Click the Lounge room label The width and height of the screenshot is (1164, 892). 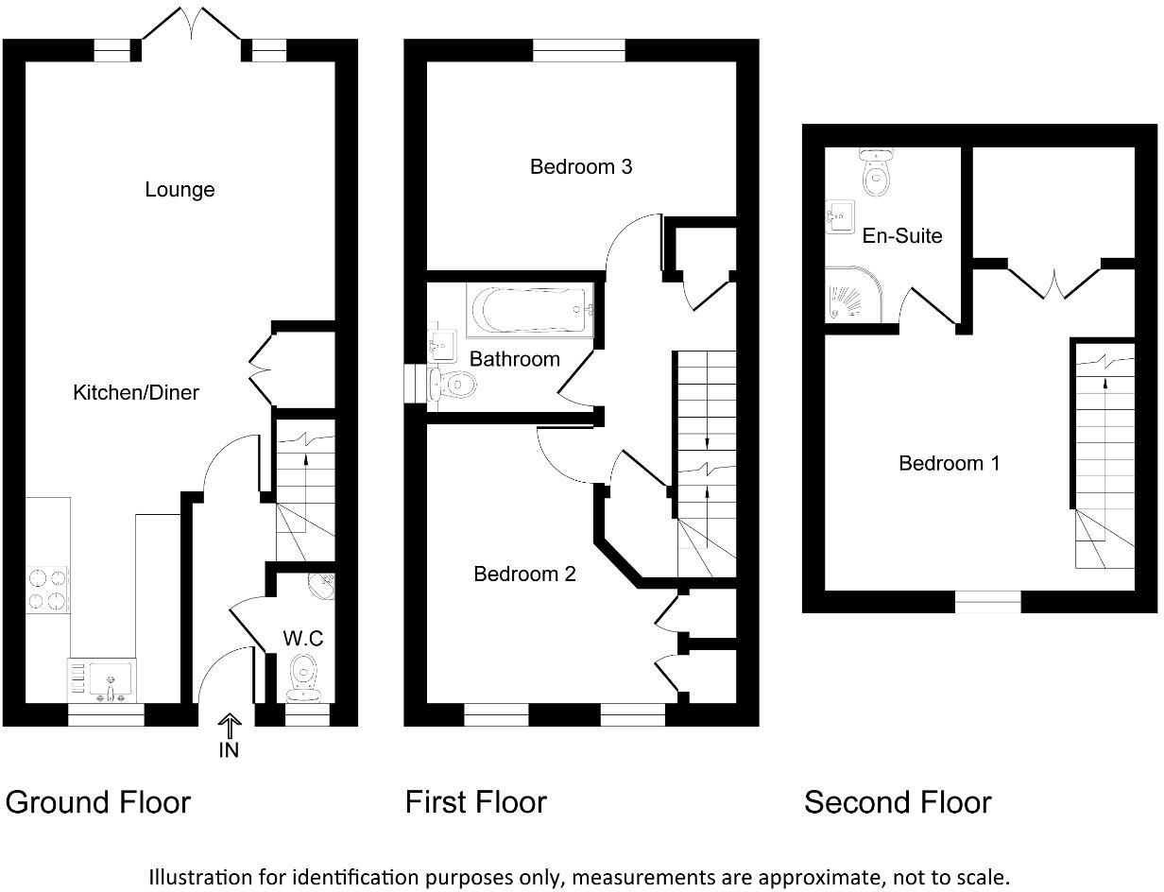click(180, 190)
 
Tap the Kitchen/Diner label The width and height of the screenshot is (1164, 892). click(136, 392)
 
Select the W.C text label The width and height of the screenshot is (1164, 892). click(302, 639)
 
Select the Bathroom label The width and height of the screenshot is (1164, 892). click(514, 359)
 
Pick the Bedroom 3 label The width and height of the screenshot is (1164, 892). click(580, 167)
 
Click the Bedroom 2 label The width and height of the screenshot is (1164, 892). click(524, 574)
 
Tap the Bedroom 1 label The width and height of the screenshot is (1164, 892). click(949, 463)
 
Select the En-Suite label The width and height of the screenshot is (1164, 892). click(902, 235)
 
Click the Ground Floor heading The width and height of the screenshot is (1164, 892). click(98, 802)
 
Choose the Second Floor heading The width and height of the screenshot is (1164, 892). click(898, 802)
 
